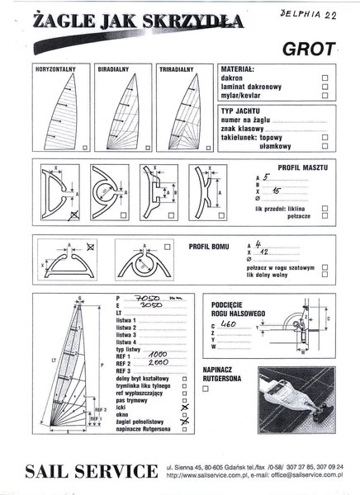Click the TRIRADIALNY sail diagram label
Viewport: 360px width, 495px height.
[x=177, y=69]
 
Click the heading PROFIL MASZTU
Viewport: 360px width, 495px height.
[x=298, y=166]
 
